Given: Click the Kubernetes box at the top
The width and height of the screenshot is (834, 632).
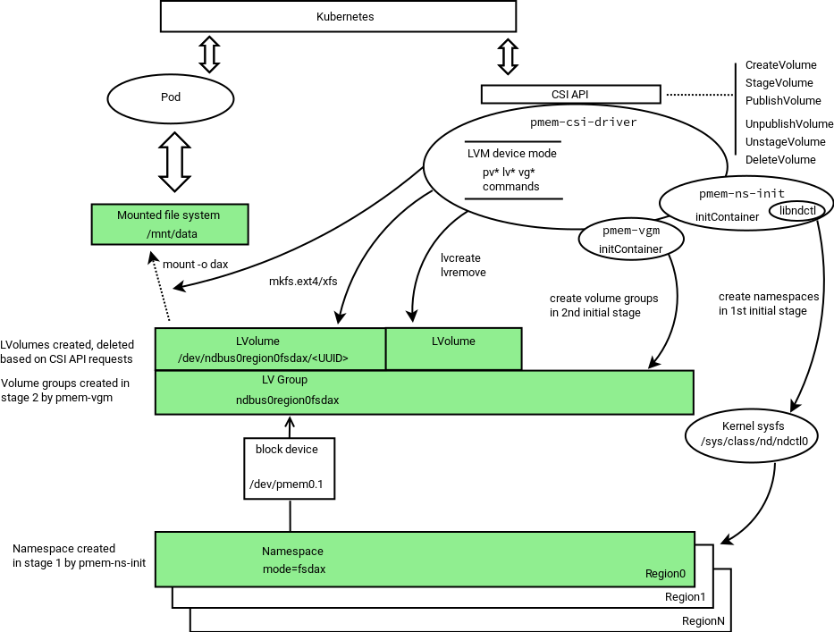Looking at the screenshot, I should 338,17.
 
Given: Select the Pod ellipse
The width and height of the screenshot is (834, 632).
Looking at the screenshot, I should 170,97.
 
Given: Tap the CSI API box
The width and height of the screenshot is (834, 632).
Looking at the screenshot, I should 570,94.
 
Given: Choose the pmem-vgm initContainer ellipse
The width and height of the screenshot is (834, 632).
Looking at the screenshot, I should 630,239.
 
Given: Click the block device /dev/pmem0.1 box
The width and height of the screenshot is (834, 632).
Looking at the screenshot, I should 289,467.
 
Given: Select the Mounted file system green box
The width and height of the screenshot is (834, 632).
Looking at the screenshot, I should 170,224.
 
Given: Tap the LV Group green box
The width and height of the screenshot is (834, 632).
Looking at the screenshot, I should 425,392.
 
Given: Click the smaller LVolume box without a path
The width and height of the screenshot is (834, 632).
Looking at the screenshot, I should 453,349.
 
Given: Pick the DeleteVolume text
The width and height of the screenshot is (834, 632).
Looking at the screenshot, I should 780,160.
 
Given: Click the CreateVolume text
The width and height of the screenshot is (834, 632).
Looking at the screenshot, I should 780,65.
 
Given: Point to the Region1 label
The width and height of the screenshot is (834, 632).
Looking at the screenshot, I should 685,597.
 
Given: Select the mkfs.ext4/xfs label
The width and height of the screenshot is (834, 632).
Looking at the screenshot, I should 303,282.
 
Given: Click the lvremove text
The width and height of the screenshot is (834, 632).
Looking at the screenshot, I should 464,272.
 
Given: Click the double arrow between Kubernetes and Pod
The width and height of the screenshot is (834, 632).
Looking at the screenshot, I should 209,54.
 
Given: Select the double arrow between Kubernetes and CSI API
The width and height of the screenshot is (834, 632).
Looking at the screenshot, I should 508,55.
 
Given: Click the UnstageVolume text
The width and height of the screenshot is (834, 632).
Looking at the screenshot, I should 785,142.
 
